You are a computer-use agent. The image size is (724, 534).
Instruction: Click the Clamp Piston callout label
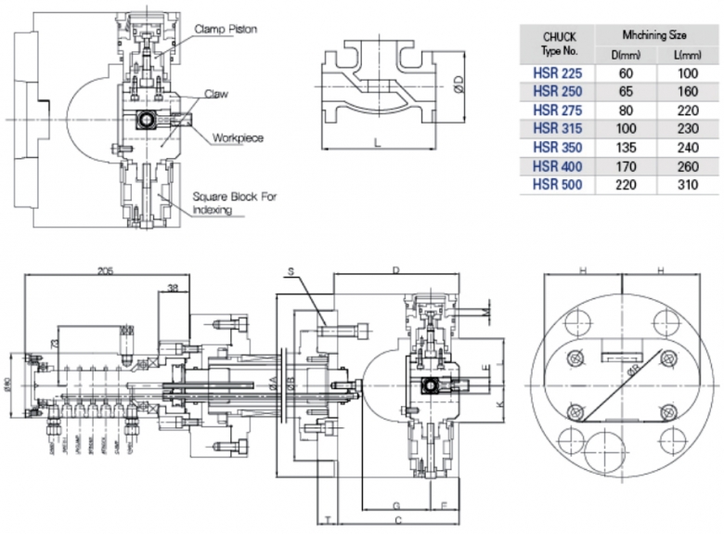226,30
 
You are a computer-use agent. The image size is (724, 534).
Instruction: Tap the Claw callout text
217,95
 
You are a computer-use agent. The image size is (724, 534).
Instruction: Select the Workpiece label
239,137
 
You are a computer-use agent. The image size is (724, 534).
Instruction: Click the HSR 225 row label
557,73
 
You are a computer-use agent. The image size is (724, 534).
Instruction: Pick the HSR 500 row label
557,185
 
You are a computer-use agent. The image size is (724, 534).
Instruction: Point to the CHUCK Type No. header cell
557,41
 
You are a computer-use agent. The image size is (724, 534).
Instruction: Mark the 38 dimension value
174,288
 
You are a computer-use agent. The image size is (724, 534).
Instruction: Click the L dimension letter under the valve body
377,142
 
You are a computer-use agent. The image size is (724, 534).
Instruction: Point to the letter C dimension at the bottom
396,518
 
